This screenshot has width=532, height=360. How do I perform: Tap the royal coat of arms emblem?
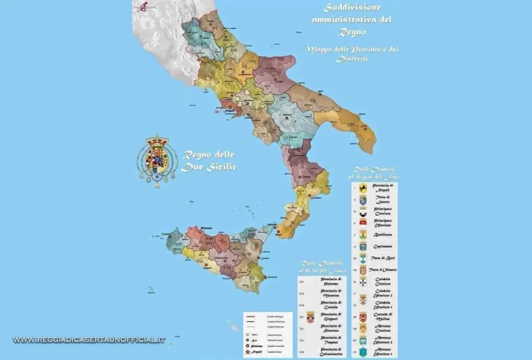(x=157, y=160)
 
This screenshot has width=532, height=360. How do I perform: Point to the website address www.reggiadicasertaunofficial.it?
(x=89, y=339)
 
